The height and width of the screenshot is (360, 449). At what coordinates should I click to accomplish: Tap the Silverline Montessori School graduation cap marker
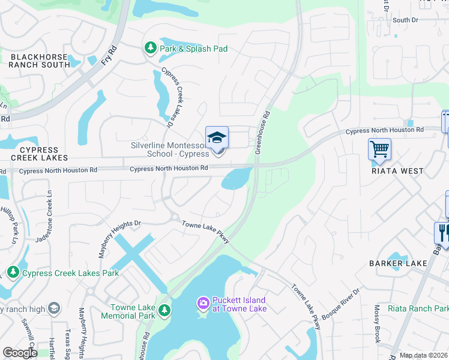217,139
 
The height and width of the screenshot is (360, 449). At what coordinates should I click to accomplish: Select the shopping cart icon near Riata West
379,149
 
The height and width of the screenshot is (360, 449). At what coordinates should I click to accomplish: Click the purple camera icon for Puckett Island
203,303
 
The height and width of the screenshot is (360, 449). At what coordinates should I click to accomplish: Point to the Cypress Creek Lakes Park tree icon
13,273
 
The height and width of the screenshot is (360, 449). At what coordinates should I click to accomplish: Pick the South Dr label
405,20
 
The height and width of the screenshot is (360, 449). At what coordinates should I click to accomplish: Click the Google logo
20,353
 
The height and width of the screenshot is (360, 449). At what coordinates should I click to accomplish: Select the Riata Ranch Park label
418,308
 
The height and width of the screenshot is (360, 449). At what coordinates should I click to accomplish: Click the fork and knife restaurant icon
442,232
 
